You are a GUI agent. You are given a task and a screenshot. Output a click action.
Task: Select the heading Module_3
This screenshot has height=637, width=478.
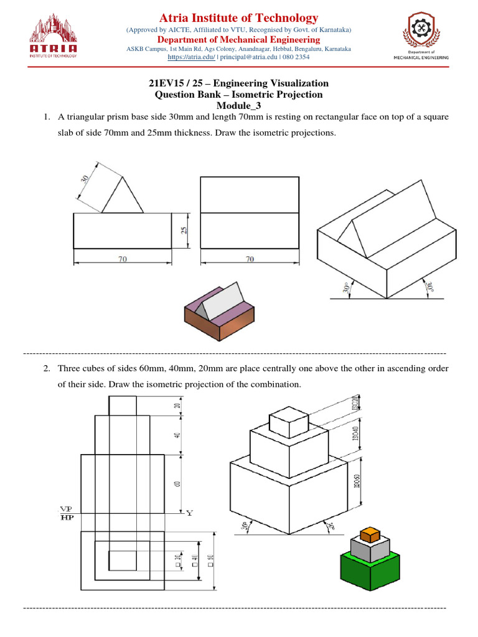[239, 106]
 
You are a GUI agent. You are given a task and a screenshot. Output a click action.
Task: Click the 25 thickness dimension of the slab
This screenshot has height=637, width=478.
[184, 230]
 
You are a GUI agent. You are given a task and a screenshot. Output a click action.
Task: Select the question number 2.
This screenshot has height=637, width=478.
[46, 368]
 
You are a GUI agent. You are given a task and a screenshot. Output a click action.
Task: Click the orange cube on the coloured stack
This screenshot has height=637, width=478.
[370, 534]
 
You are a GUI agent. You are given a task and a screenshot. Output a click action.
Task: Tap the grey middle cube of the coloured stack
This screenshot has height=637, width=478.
[370, 548]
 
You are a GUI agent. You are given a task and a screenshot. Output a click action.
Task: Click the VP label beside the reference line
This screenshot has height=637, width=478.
[64, 508]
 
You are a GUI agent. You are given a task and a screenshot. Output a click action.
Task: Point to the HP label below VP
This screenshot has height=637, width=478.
[64, 517]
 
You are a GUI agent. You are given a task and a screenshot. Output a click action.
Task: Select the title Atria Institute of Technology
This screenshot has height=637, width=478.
[239, 18]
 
